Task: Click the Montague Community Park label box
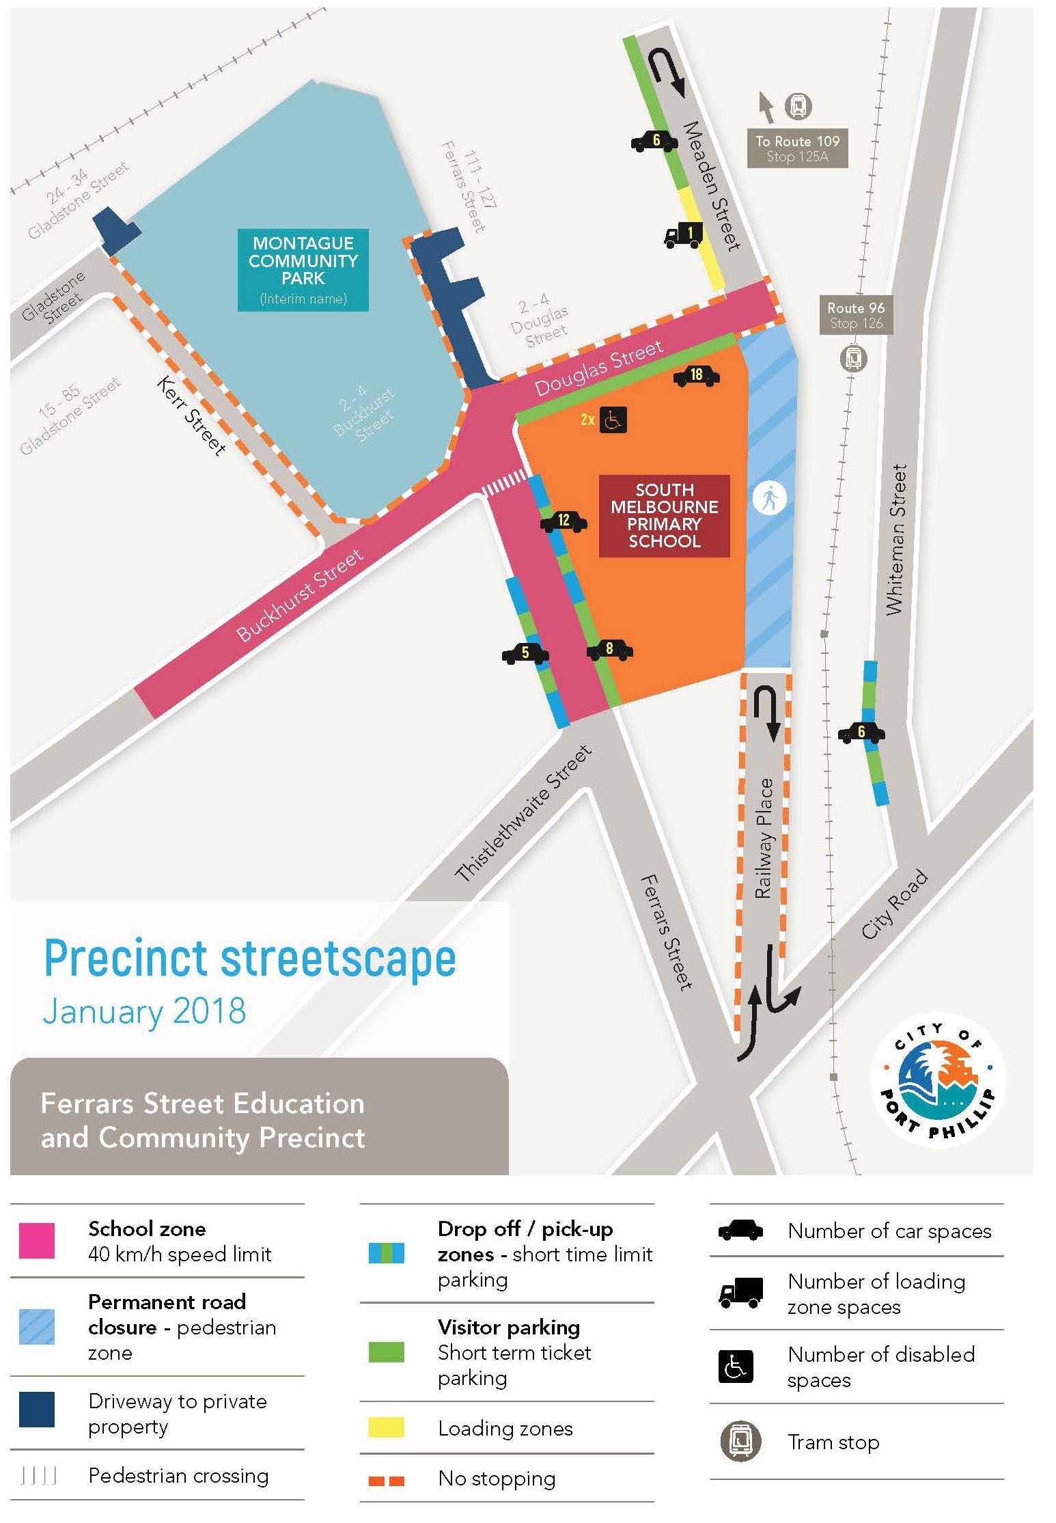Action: click(x=303, y=270)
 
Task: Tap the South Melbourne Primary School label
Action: click(x=664, y=516)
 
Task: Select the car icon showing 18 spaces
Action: click(x=696, y=375)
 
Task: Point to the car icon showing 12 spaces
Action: click(x=563, y=521)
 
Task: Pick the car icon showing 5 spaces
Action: click(x=525, y=653)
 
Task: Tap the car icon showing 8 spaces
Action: click(x=609, y=650)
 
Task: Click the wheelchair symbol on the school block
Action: click(x=613, y=420)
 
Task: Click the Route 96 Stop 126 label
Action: click(x=855, y=316)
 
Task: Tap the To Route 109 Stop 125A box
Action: click(x=797, y=148)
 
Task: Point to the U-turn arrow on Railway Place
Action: click(x=766, y=713)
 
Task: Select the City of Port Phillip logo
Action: click(x=937, y=1078)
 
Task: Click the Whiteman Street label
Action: click(x=895, y=540)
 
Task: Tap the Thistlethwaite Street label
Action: click(x=523, y=814)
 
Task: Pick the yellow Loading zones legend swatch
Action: click(x=386, y=1428)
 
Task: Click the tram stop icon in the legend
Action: click(x=740, y=1441)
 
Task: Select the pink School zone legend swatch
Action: click(x=37, y=1241)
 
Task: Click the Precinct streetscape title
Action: click(x=250, y=959)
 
